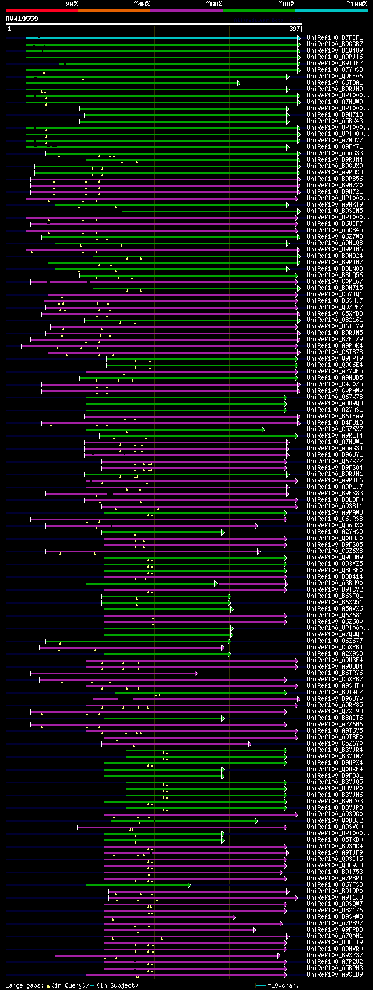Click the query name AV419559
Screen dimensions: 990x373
[22, 19]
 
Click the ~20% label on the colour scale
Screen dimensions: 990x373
[72, 4]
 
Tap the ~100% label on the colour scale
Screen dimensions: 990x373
[356, 4]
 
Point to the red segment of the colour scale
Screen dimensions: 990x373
[41, 10]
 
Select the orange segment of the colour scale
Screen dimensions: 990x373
[114, 10]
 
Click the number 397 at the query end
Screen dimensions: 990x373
[294, 29]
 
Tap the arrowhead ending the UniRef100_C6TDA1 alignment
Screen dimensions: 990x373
[239, 83]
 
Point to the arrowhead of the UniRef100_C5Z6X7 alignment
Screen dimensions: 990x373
[263, 429]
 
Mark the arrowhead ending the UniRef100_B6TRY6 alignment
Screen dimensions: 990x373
[196, 673]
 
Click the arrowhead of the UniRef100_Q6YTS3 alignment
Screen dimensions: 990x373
[189, 885]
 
